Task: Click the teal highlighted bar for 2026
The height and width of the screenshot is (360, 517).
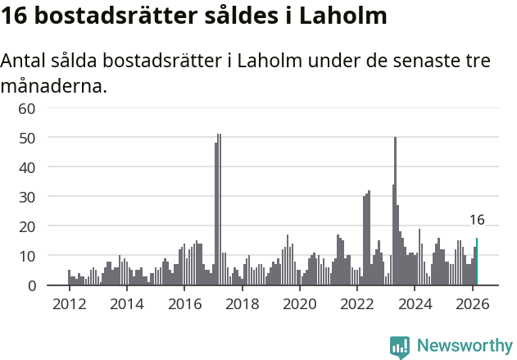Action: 477,262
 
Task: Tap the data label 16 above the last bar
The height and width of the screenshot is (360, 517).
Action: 477,220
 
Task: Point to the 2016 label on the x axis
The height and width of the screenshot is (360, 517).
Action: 184,304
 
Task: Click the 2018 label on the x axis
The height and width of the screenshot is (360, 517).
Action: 241,304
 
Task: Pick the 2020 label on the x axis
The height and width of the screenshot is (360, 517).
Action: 299,304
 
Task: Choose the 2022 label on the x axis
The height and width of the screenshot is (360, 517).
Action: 356,304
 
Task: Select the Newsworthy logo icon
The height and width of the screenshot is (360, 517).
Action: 400,346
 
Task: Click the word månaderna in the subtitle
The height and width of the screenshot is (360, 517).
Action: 54,85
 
